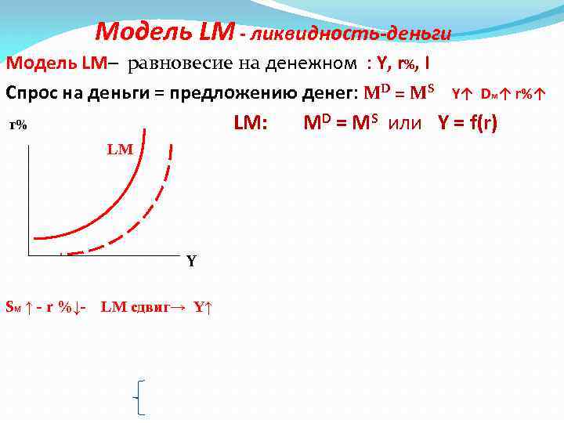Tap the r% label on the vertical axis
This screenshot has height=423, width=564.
pos(18,125)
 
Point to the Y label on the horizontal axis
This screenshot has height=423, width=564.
pos(191,262)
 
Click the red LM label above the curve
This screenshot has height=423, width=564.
pos(120,149)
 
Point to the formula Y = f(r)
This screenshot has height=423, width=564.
pos(462,124)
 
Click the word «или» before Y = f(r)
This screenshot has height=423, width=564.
pos(404,124)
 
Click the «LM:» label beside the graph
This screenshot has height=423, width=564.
pos(251,124)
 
